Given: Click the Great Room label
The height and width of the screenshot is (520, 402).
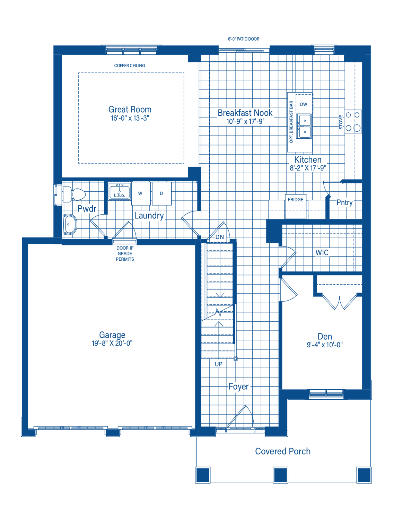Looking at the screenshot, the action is pyautogui.click(x=130, y=109).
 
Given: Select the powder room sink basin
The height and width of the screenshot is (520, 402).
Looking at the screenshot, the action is pyautogui.click(x=70, y=224).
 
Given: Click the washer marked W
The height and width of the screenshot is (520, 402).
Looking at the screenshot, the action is pyautogui.click(x=141, y=193).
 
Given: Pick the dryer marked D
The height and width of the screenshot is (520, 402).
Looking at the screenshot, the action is pyautogui.click(x=161, y=193).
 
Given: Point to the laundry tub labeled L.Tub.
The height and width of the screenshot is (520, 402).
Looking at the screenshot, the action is pyautogui.click(x=119, y=191).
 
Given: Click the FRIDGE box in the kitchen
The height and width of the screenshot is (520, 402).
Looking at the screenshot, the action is pyautogui.click(x=295, y=206).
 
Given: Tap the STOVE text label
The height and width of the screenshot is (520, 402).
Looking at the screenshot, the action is pyautogui.click(x=341, y=122).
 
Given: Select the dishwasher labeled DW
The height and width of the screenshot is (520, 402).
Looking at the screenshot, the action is pyautogui.click(x=304, y=104).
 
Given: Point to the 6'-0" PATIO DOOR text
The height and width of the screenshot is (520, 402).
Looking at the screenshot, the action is pyautogui.click(x=243, y=39).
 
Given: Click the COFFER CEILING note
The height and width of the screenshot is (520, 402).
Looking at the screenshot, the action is pyautogui.click(x=129, y=66).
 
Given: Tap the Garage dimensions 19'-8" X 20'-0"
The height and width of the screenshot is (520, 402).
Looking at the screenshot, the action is pyautogui.click(x=112, y=344).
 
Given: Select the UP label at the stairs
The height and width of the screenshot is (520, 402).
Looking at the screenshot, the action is pyautogui.click(x=218, y=364).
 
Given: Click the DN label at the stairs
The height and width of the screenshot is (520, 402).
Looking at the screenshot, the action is pyautogui.click(x=219, y=237).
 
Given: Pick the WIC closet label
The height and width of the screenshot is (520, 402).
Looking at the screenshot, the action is pyautogui.click(x=322, y=252).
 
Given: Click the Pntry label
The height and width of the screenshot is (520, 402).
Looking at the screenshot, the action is pyautogui.click(x=344, y=202).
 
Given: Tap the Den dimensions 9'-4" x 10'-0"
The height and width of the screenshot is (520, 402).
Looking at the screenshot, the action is pyautogui.click(x=324, y=345).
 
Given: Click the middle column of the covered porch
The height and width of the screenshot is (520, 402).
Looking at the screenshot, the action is pyautogui.click(x=280, y=475).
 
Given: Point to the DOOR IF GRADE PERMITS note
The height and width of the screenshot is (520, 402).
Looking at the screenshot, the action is pyautogui.click(x=125, y=254).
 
